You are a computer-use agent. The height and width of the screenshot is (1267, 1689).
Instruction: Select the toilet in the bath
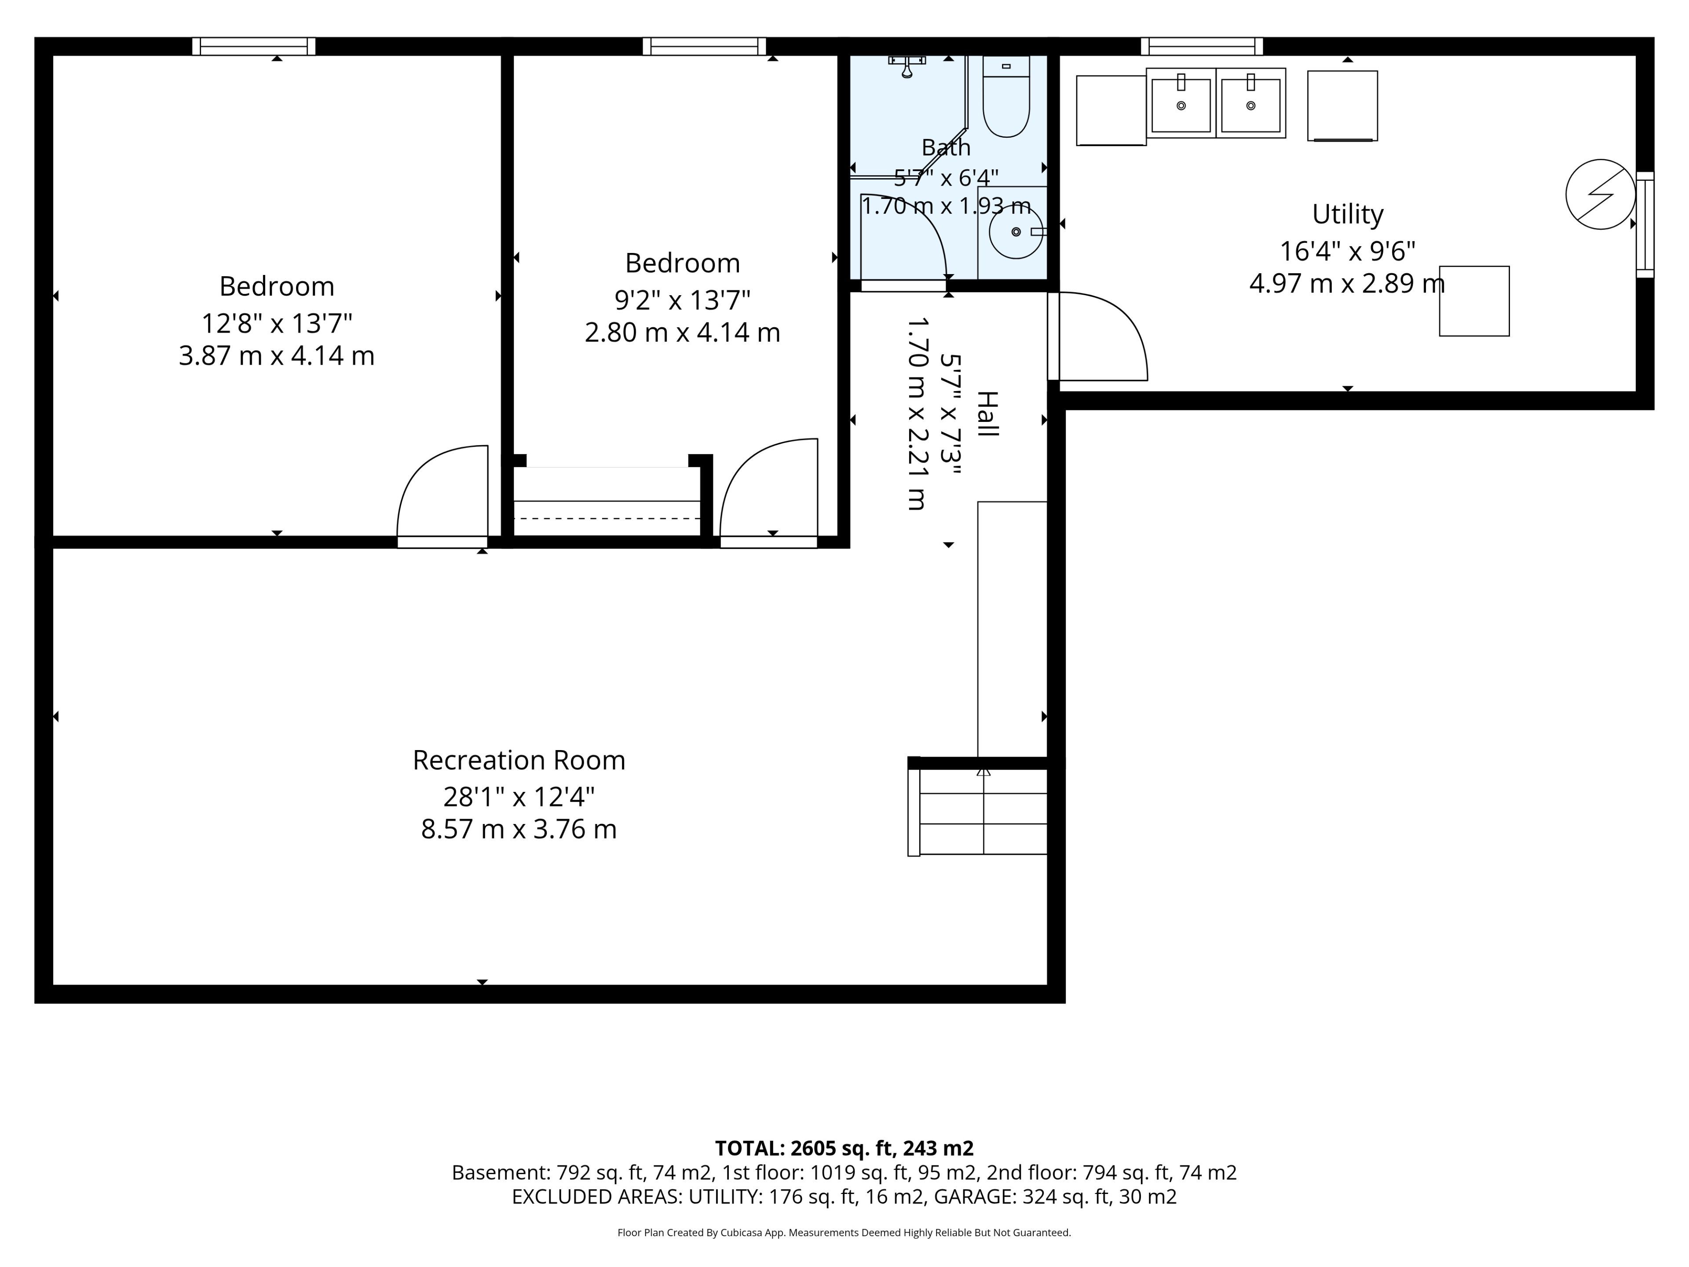coord(1006,96)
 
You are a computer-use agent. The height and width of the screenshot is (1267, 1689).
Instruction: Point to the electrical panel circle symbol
coord(1601,194)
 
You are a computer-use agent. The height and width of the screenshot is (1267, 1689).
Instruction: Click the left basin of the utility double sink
coord(1181,103)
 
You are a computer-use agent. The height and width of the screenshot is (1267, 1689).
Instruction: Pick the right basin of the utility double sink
coord(1251,103)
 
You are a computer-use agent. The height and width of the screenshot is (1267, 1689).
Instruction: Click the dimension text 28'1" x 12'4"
coord(519,797)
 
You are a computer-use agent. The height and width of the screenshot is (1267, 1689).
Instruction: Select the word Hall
coord(988,414)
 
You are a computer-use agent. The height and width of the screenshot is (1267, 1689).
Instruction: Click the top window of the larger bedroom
coord(253,47)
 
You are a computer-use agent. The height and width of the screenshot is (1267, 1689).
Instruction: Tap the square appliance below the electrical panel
coord(1474,301)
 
